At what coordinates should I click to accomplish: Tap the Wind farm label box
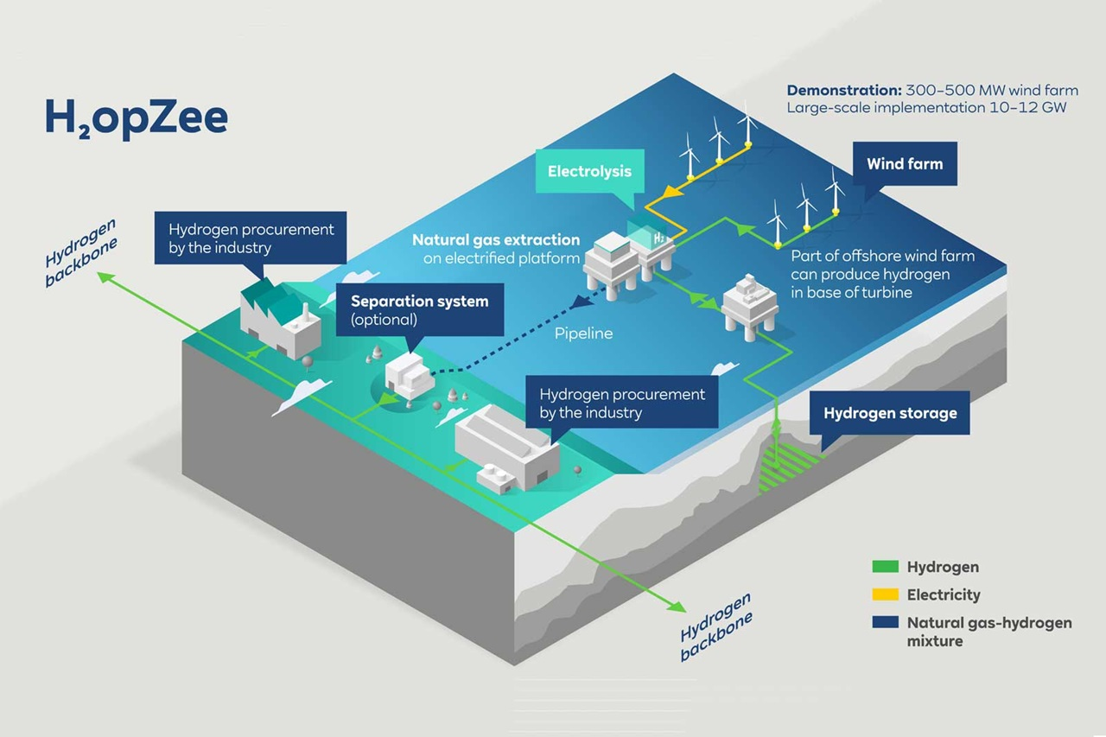(905, 163)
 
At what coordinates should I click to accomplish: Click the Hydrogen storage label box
(889, 413)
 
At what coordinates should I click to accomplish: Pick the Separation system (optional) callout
(419, 309)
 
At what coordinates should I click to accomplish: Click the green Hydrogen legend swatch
(885, 568)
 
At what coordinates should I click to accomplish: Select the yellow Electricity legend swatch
(885, 595)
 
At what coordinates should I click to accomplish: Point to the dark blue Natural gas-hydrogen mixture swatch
(885, 623)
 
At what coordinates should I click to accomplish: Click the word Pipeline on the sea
(583, 333)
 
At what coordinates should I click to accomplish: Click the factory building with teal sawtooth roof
(278, 318)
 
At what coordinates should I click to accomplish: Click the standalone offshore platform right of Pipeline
(748, 302)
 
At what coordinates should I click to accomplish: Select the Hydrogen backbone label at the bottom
(715, 626)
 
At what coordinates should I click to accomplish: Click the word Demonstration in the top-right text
(842, 90)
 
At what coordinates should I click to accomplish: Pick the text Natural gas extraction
(495, 239)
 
